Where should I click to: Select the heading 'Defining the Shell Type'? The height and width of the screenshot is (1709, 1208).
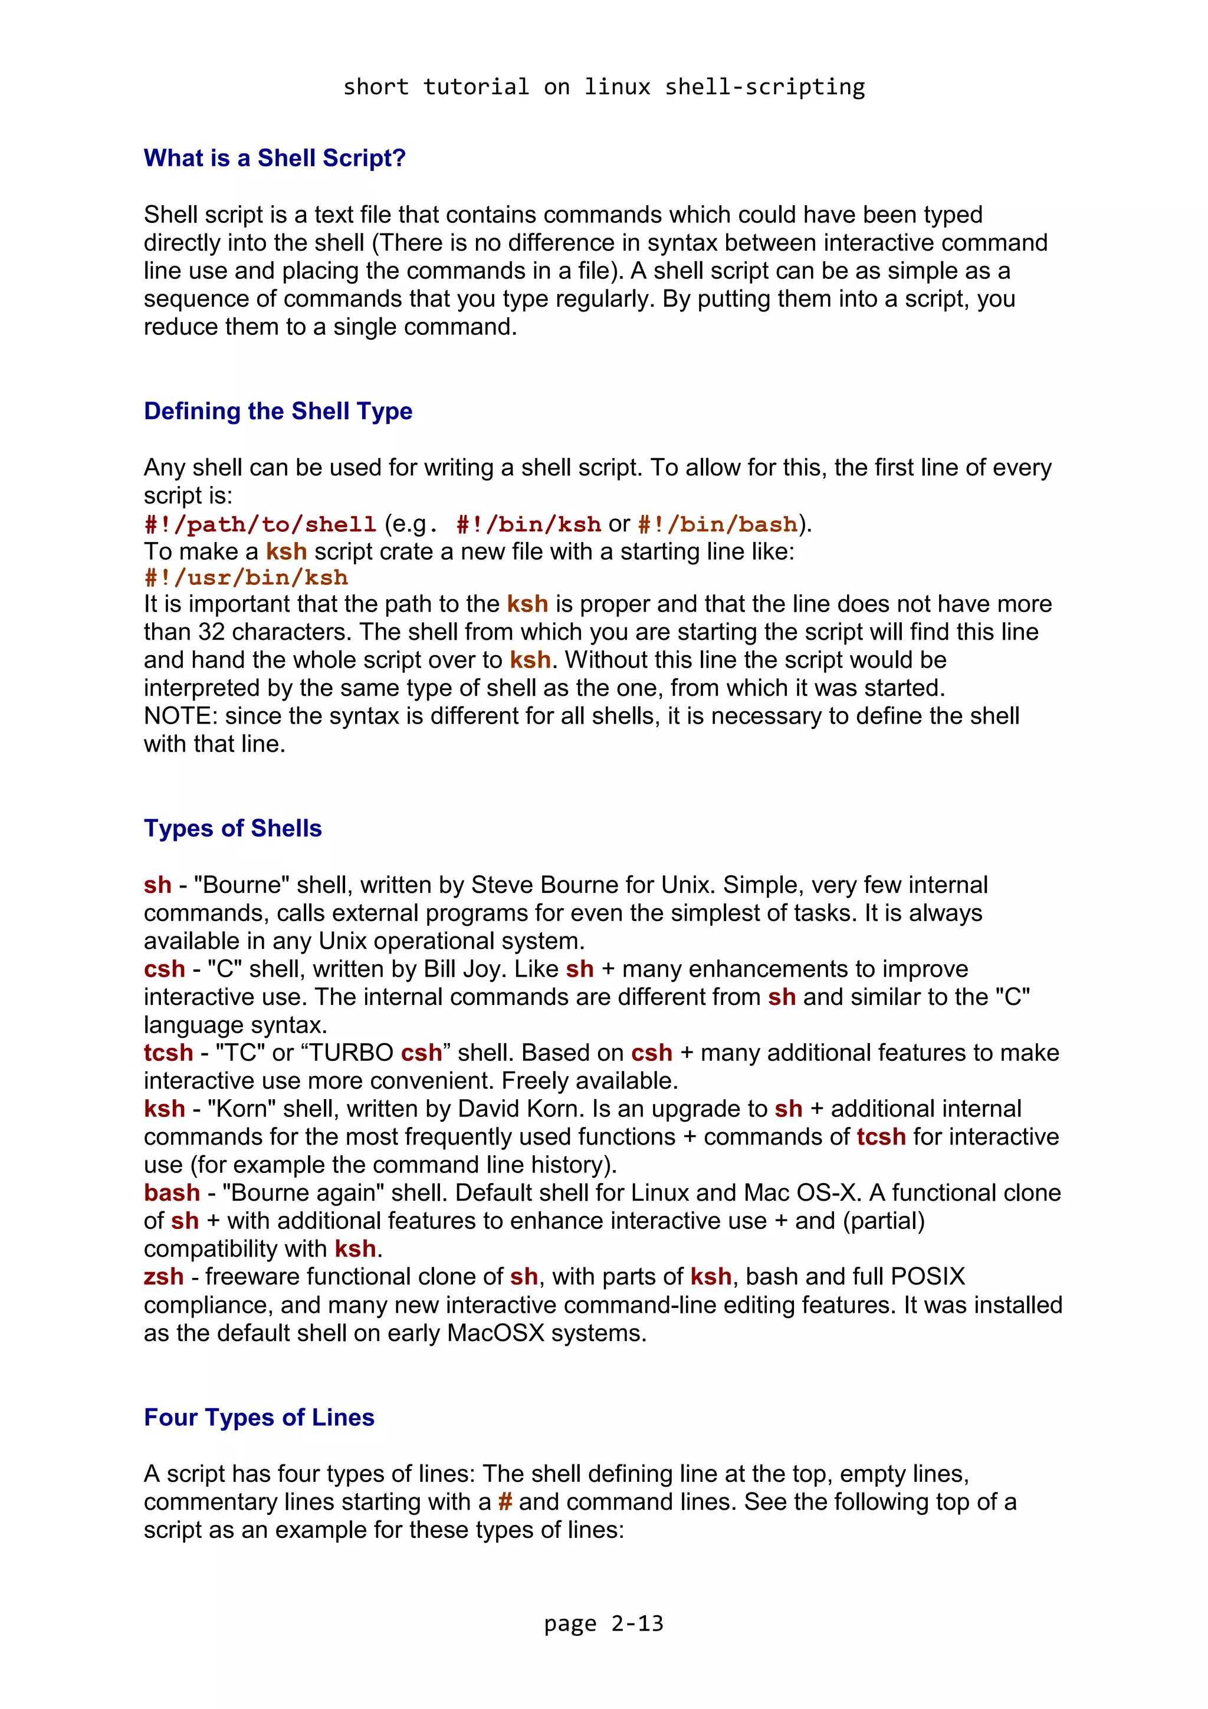click(x=278, y=411)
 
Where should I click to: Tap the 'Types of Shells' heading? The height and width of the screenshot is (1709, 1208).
click(x=232, y=829)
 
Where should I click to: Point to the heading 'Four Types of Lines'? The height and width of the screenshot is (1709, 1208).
click(x=259, y=1417)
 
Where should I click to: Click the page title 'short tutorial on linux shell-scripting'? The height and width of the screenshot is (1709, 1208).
click(x=603, y=87)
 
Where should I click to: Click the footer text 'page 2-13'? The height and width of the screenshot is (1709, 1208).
click(x=603, y=1623)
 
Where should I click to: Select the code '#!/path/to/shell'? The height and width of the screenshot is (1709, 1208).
click(x=260, y=525)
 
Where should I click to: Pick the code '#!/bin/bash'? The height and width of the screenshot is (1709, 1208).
click(x=717, y=525)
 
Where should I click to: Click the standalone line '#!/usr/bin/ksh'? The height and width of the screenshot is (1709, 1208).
click(x=245, y=577)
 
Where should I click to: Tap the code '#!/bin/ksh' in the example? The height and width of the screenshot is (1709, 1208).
click(x=528, y=525)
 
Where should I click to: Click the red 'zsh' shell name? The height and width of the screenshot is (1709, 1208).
click(x=163, y=1277)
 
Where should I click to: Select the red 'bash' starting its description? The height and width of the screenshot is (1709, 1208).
click(x=171, y=1192)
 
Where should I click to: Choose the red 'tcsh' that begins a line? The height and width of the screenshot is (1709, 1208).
click(x=168, y=1053)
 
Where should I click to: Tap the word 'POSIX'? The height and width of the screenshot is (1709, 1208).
click(x=927, y=1277)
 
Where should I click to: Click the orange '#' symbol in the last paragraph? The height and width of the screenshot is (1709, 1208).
click(x=505, y=1502)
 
